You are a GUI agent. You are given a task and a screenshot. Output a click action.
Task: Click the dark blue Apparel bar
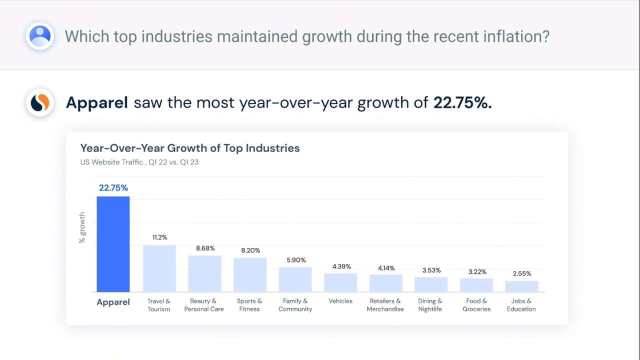113,244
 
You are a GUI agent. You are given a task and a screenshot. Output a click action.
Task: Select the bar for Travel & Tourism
159,268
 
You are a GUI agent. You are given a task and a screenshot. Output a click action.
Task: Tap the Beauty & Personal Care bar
204,273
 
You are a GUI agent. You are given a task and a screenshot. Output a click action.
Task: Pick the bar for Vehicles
340,282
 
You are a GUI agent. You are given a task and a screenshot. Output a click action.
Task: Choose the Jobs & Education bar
521,286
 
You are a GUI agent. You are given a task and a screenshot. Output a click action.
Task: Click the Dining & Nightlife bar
431,284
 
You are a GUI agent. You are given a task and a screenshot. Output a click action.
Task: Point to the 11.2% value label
159,237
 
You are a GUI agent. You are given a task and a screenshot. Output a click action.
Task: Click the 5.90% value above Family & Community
295,260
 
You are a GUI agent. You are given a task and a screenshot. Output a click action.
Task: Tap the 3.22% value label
476,271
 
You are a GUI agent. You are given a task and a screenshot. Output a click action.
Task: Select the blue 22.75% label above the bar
113,188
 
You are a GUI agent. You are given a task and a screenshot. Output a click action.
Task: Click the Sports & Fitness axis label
249,305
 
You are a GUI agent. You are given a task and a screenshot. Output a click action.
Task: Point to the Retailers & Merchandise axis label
385,305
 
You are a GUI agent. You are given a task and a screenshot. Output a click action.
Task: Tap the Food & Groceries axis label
476,305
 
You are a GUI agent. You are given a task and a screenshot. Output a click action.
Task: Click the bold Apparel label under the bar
113,302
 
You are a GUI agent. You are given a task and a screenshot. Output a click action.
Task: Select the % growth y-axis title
82,228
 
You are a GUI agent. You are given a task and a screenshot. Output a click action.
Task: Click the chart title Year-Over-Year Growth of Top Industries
190,148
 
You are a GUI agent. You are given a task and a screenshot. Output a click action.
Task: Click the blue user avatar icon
40,35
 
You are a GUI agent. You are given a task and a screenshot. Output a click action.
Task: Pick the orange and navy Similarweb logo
40,103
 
